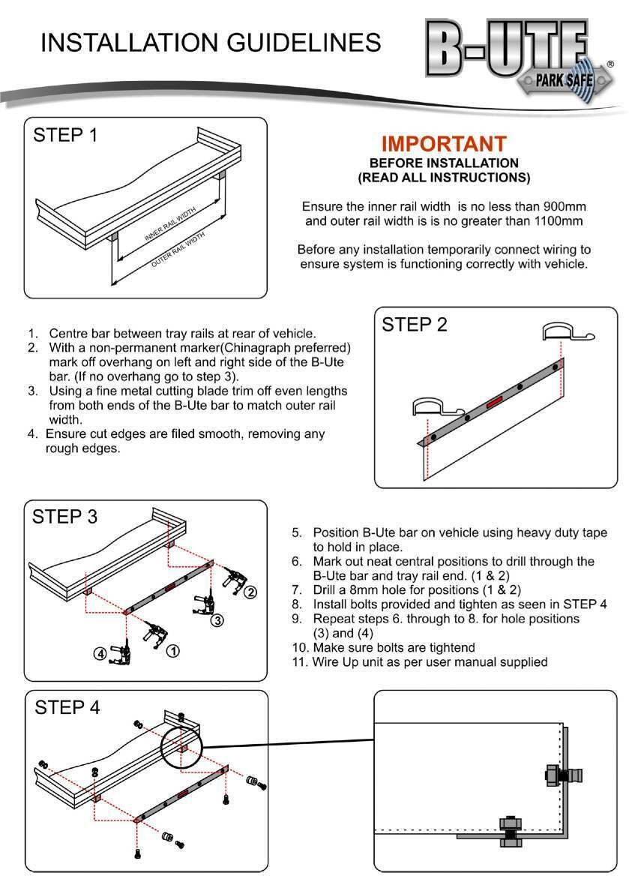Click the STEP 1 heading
pyautogui.click(x=65, y=136)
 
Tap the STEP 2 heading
pyautogui.click(x=415, y=325)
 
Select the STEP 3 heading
pyautogui.click(x=65, y=517)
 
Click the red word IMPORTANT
pyautogui.click(x=444, y=144)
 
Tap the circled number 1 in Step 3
pyautogui.click(x=172, y=650)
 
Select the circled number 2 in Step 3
pyautogui.click(x=250, y=592)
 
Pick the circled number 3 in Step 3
pyautogui.click(x=216, y=620)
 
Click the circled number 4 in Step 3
pyautogui.click(x=100, y=653)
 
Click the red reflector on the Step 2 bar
pyautogui.click(x=496, y=403)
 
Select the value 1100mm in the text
pyautogui.click(x=556, y=221)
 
